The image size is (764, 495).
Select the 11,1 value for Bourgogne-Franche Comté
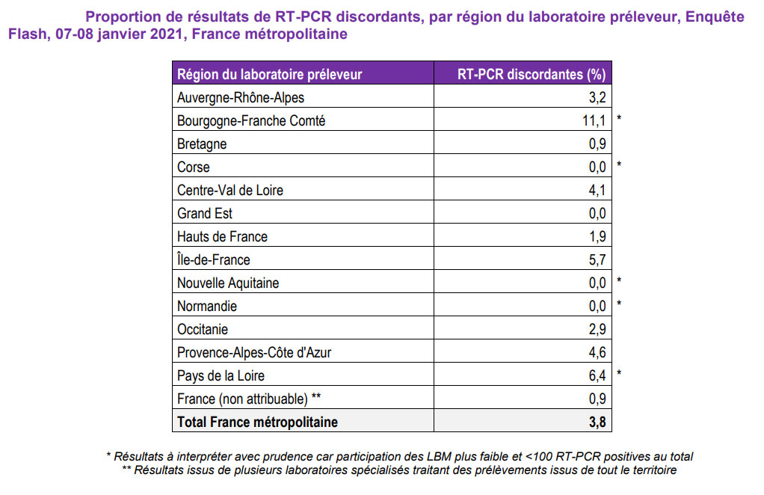point(594,120)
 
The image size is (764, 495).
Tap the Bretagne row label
point(202,144)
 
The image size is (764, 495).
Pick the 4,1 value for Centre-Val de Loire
point(597,190)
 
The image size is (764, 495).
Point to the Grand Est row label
point(205,213)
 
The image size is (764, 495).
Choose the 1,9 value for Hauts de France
point(597,236)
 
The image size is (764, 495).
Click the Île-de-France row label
point(214,259)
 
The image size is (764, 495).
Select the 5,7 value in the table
point(597,259)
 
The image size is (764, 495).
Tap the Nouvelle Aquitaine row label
point(228,283)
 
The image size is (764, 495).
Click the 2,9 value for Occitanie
point(597,329)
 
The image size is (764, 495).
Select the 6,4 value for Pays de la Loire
point(597,375)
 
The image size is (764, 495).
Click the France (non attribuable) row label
point(249,399)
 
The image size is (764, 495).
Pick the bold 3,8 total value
point(597,422)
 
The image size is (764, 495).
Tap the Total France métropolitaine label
point(257,422)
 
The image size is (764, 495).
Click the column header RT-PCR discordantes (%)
point(531,73)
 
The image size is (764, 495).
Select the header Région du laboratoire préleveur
point(269,73)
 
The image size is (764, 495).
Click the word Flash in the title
point(27,34)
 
